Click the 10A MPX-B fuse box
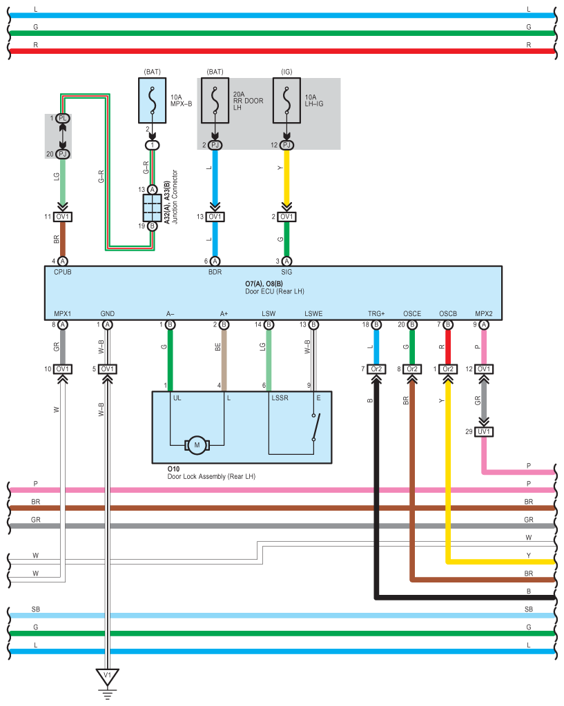pos(153,100)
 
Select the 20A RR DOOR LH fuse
pos(215,100)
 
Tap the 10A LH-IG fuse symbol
pos(286,100)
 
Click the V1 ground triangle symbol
pos(107,677)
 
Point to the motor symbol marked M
pos(197,445)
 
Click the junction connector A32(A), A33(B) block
pos(153,208)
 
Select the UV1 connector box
pos(484,432)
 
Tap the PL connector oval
pos(63,118)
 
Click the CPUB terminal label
pos(63,272)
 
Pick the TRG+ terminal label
pos(376,313)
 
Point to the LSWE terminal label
pos(313,313)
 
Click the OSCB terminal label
pos(448,313)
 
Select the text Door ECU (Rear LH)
pos(274,291)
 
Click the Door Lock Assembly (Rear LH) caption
pos(211,476)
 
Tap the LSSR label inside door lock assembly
pos(280,398)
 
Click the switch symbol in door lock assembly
pos(315,426)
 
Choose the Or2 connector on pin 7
pos(376,369)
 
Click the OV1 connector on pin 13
pos(215,217)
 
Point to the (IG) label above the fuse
pos(286,72)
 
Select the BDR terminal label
pos(215,272)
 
